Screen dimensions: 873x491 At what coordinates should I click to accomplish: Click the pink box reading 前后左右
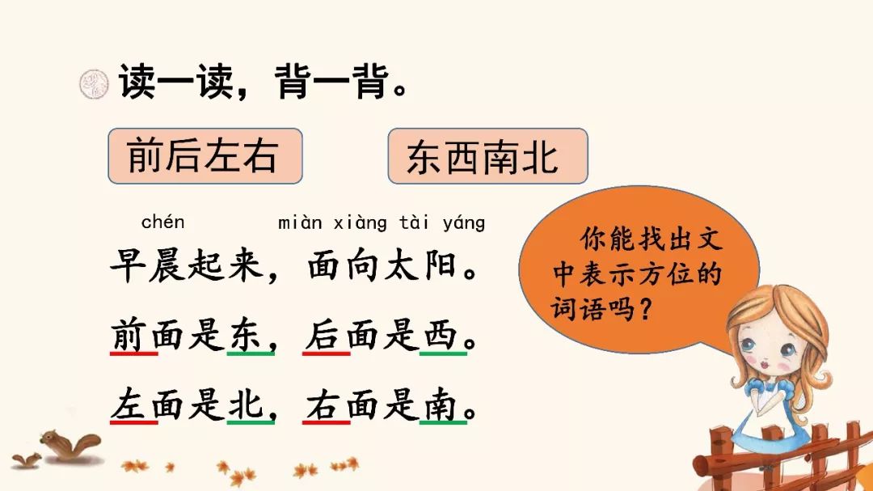coord(205,156)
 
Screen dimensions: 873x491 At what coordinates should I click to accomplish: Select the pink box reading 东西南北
coord(487,156)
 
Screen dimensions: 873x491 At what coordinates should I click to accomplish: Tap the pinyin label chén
coord(162,222)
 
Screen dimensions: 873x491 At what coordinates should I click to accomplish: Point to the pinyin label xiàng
coord(360,223)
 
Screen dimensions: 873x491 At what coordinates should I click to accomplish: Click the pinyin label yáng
coord(464,223)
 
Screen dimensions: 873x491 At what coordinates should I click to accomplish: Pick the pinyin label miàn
coord(300,222)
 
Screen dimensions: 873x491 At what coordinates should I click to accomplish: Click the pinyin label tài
coord(414,222)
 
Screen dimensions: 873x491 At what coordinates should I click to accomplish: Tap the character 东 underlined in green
coord(245,334)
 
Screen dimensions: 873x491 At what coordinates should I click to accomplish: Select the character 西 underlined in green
coord(440,334)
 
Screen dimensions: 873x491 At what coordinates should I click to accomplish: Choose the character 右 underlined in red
coord(323,404)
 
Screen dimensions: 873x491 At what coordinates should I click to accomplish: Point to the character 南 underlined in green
coord(440,404)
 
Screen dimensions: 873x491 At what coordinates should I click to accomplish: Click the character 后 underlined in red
coord(323,334)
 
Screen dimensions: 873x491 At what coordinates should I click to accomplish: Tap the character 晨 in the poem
coord(167,265)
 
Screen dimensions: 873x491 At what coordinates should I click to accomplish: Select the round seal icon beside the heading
coord(94,84)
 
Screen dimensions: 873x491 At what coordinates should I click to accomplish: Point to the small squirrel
coord(26,459)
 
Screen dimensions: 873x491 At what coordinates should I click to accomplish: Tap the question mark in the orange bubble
coord(646,308)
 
